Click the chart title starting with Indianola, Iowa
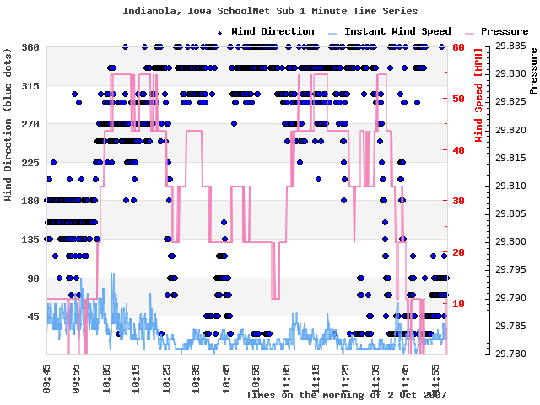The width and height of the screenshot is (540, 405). coord(270,11)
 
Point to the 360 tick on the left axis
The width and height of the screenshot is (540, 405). coord(30,47)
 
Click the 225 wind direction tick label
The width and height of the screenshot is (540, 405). coord(30,163)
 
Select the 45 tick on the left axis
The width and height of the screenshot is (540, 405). coord(33,316)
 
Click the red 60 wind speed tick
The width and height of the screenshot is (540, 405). coord(459,47)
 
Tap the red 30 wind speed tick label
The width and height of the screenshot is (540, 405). coord(459,201)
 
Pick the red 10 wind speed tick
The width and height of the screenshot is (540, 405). coord(459,303)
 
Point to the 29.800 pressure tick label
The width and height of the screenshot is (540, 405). coord(510,241)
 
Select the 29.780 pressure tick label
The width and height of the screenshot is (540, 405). coord(510,354)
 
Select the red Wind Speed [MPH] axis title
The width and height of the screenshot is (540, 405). coord(478,100)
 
